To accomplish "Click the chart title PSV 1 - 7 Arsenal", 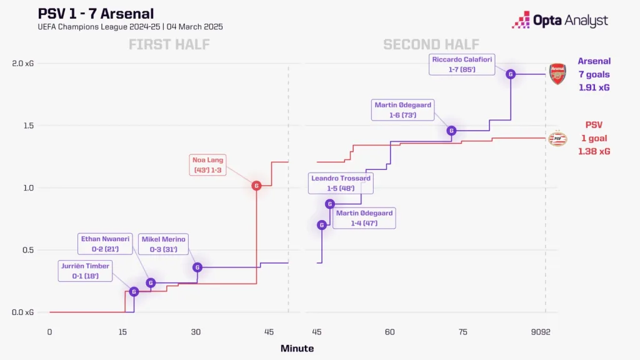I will pyautogui.click(x=96, y=13).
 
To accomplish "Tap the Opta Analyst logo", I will pyautogui.click(x=560, y=20).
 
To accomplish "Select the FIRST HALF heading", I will pyautogui.click(x=169, y=44).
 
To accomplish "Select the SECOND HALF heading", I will pyautogui.click(x=431, y=44).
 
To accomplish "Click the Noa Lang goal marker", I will pyautogui.click(x=256, y=186).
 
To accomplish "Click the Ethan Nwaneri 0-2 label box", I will pyautogui.click(x=105, y=243).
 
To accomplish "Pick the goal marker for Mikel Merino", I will pyautogui.click(x=197, y=267).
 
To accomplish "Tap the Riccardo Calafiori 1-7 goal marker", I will pyautogui.click(x=511, y=74).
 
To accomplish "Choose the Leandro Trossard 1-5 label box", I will pyautogui.click(x=341, y=183).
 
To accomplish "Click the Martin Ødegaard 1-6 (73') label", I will pyautogui.click(x=402, y=110).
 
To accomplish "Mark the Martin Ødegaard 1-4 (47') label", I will pyautogui.click(x=364, y=218).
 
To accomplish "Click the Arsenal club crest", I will pyautogui.click(x=557, y=74).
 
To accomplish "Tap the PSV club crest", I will pyautogui.click(x=557, y=139).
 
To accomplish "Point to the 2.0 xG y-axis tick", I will pyautogui.click(x=22, y=63).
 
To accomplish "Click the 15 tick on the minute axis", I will pyautogui.click(x=123, y=332).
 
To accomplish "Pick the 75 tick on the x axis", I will pyautogui.click(x=462, y=332).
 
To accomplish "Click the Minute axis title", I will pyautogui.click(x=297, y=349).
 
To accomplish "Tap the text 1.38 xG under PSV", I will pyautogui.click(x=594, y=151).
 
